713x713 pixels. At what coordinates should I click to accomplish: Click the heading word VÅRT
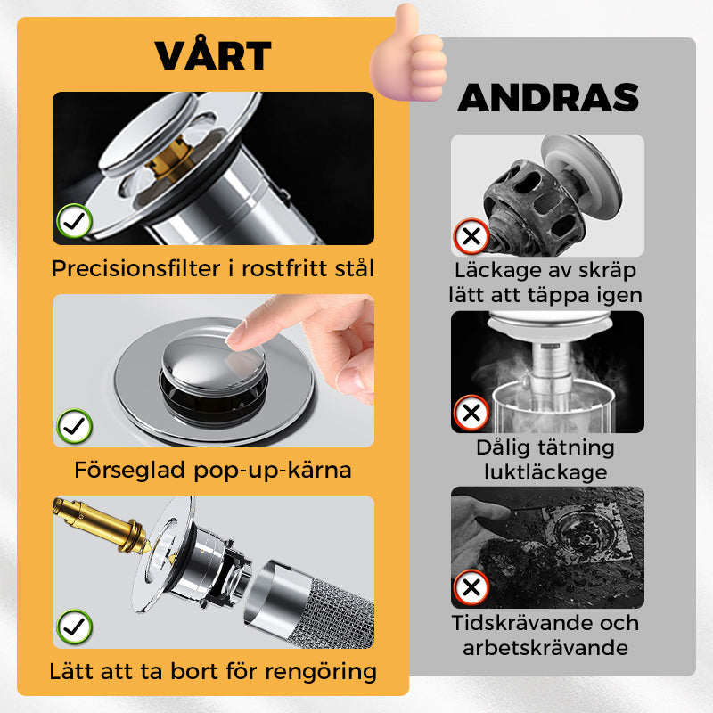pyautogui.click(x=213, y=55)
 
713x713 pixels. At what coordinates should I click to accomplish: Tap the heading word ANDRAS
pyautogui.click(x=549, y=98)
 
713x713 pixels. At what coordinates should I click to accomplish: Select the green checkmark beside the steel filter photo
pyautogui.click(x=73, y=221)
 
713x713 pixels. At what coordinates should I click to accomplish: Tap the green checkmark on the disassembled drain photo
pyautogui.click(x=75, y=626)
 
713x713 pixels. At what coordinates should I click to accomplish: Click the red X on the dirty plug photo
pyautogui.click(x=471, y=237)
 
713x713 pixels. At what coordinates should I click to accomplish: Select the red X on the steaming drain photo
pyautogui.click(x=471, y=413)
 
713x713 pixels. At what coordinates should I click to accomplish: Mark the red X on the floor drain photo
pyautogui.click(x=471, y=587)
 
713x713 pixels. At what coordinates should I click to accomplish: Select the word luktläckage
pyautogui.click(x=547, y=471)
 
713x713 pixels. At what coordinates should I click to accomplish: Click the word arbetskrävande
pyautogui.click(x=545, y=647)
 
